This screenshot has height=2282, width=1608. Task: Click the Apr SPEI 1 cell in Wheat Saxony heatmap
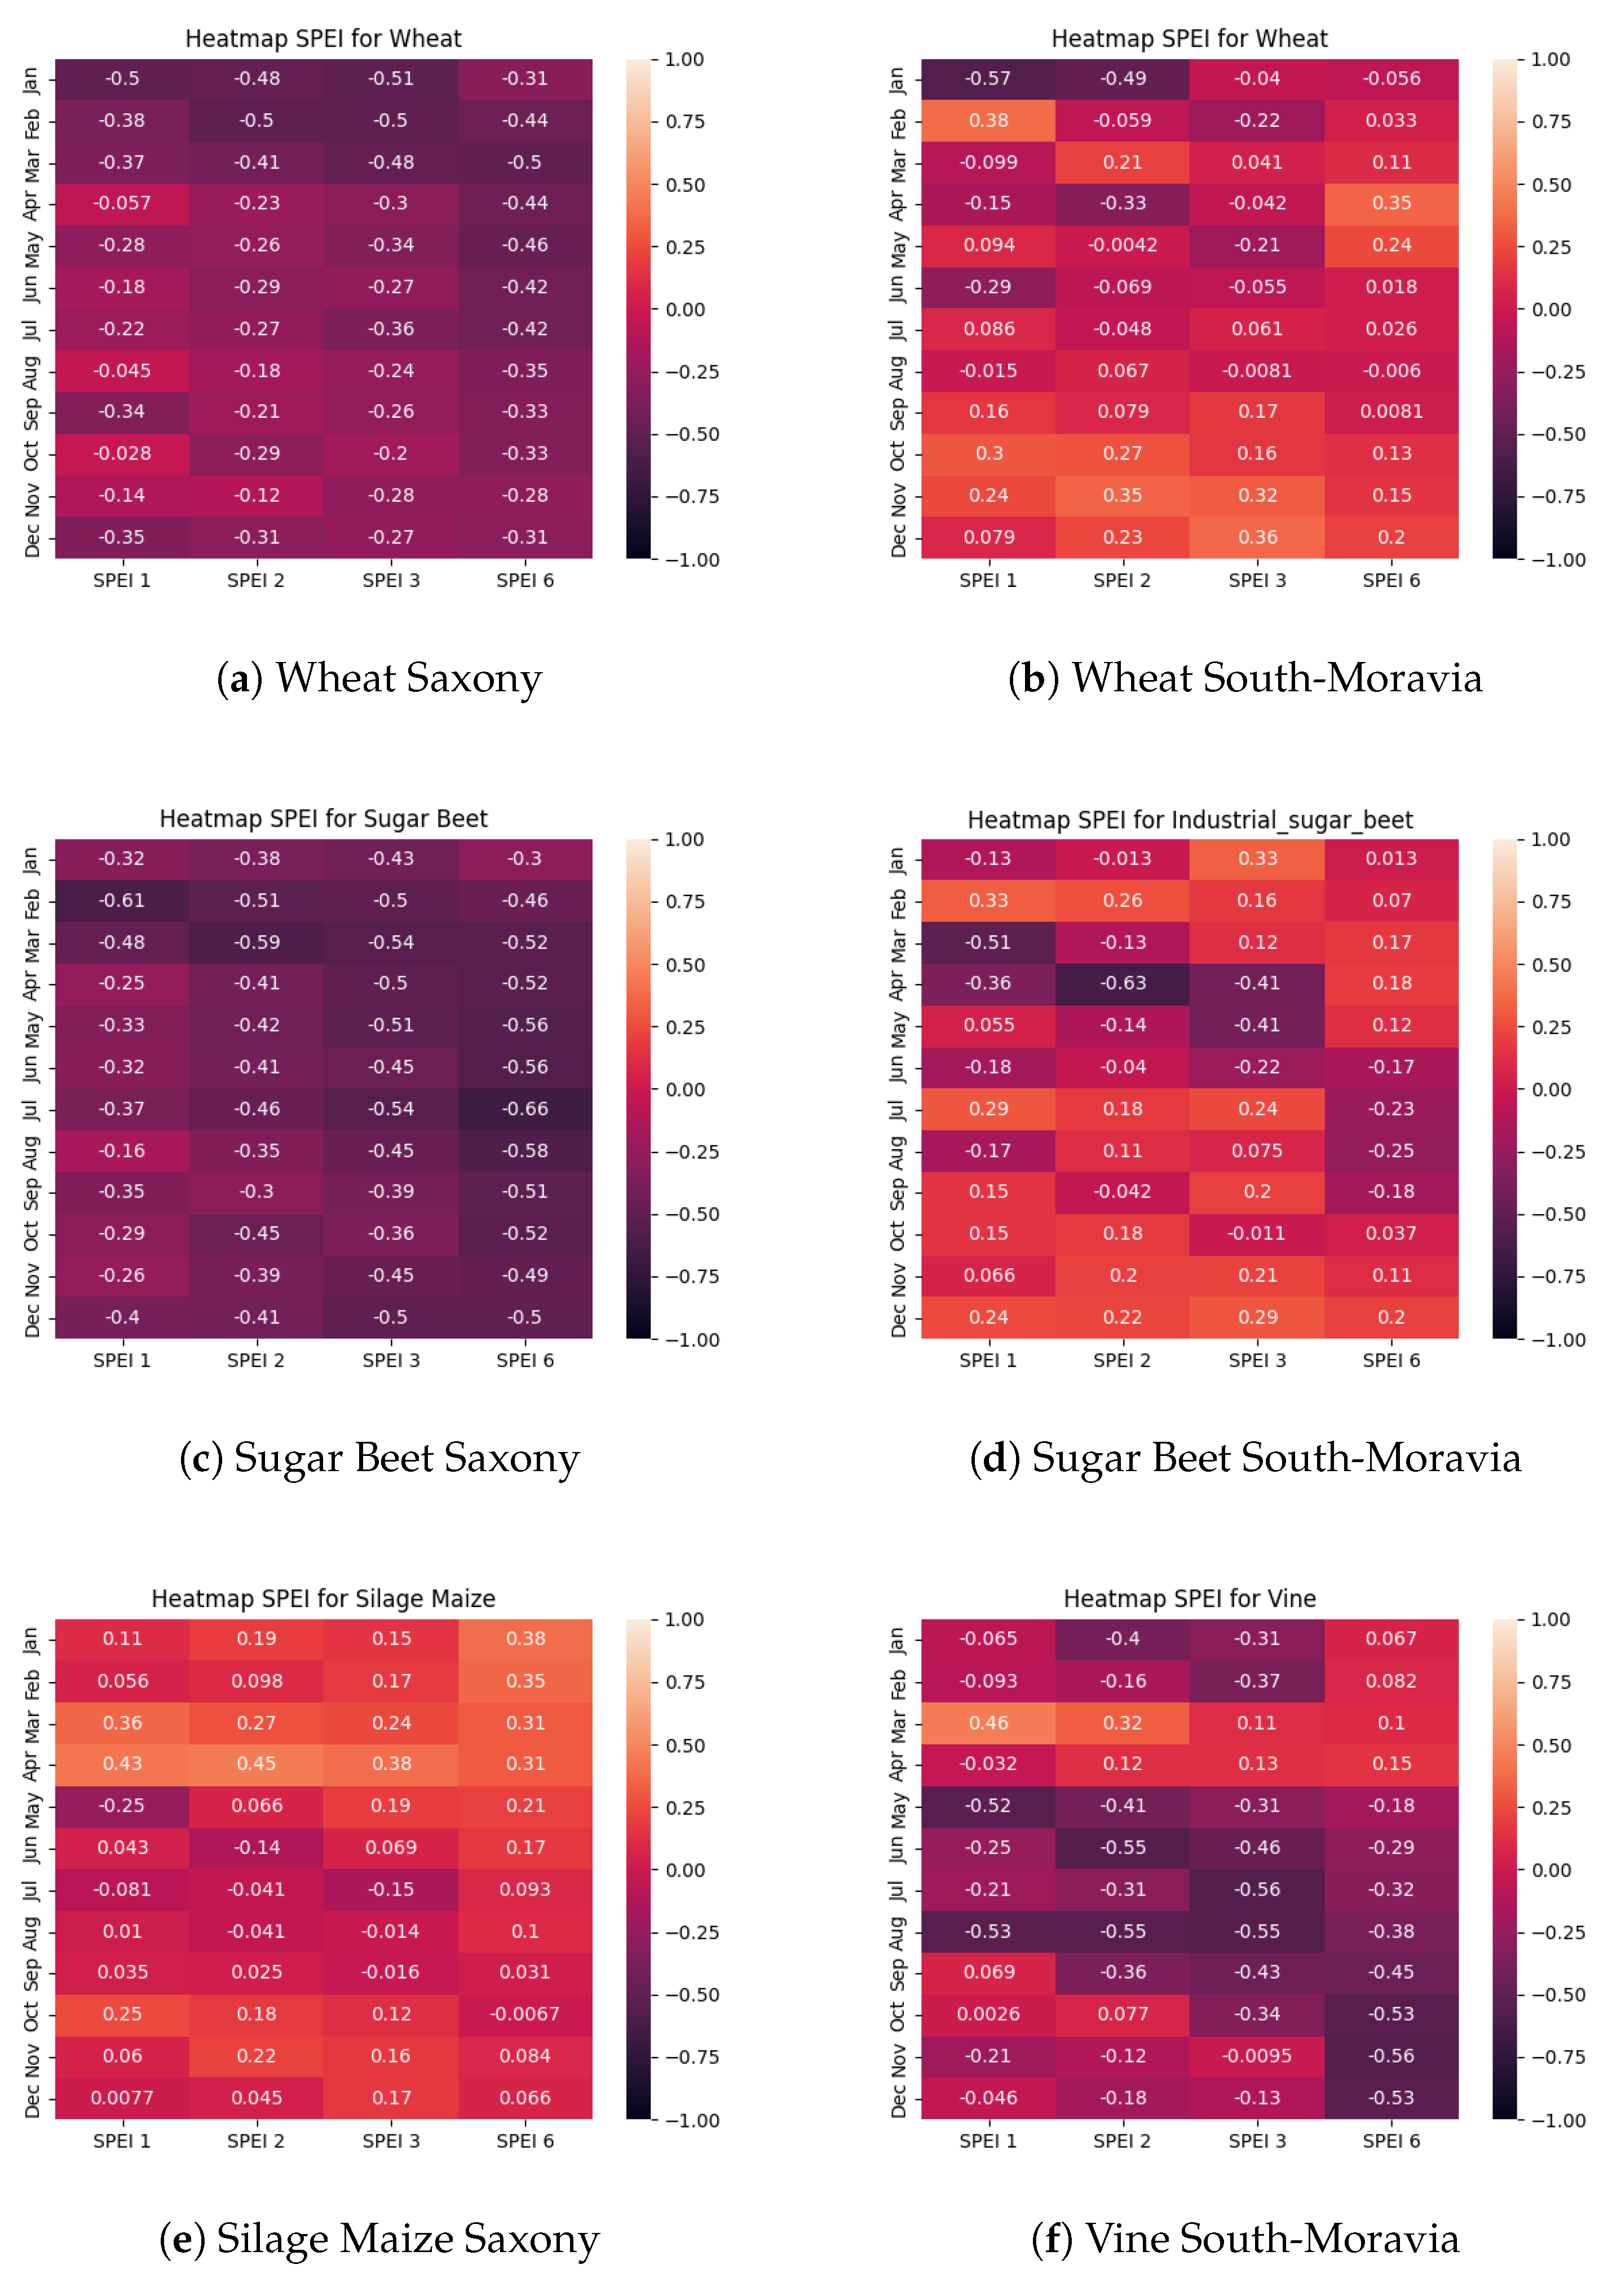(x=122, y=204)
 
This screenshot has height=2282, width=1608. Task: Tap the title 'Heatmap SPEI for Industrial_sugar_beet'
(x=1190, y=820)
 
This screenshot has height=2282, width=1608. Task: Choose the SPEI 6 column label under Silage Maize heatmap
(x=525, y=2141)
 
